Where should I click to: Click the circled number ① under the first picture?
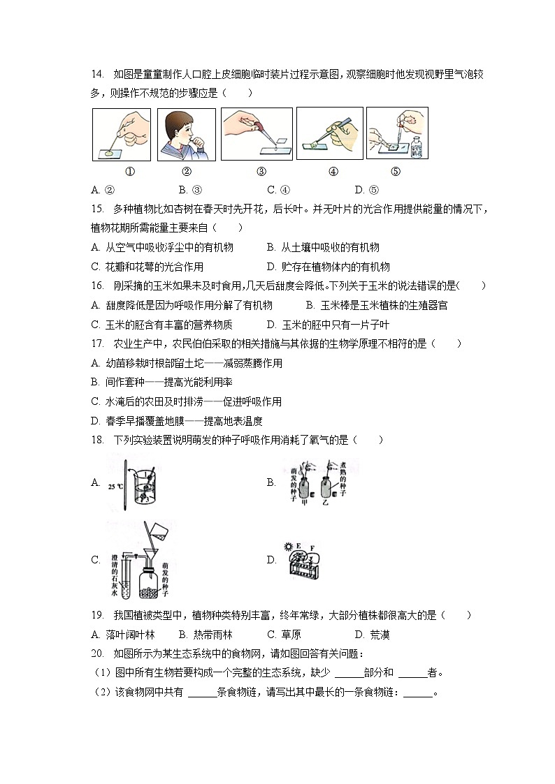[x=129, y=172]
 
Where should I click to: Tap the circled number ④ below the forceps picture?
[x=333, y=172]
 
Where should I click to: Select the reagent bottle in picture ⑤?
[x=417, y=147]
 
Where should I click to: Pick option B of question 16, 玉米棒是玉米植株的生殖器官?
[x=377, y=305]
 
